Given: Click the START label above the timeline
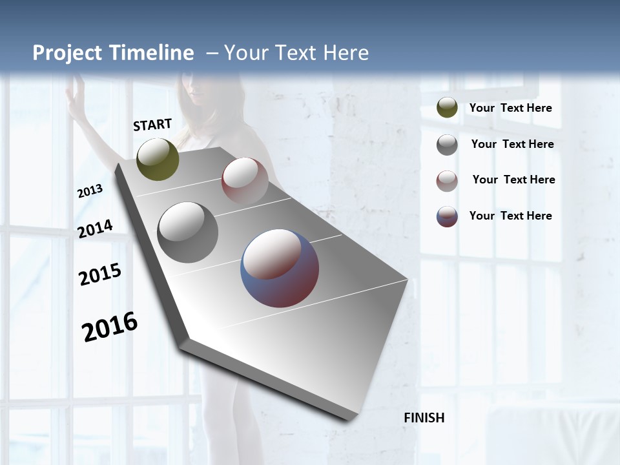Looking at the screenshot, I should pos(152,125).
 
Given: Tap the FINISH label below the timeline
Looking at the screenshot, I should pos(424,418).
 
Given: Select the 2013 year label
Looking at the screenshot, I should pos(90,191).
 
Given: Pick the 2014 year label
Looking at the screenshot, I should pos(95,229).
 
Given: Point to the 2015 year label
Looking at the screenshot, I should pos(100,274).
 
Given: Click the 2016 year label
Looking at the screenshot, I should pos(110,326).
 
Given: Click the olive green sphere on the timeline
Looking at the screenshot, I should pos(158,159).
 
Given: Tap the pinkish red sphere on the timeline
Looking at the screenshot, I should pos(245,180).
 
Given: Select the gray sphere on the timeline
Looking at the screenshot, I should pos(188,232).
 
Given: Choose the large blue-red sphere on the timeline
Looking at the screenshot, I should pos(280,268).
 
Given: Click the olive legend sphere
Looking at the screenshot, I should pos(447,108).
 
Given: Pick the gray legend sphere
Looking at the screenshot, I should pos(447,145).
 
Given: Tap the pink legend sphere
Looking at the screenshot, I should pos(447,181).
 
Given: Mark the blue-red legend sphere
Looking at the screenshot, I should pos(447,216).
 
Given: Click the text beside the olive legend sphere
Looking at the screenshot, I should pos(511,108).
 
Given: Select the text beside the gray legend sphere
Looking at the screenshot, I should pos(512,144).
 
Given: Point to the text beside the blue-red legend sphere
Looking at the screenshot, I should pos(511,216).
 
